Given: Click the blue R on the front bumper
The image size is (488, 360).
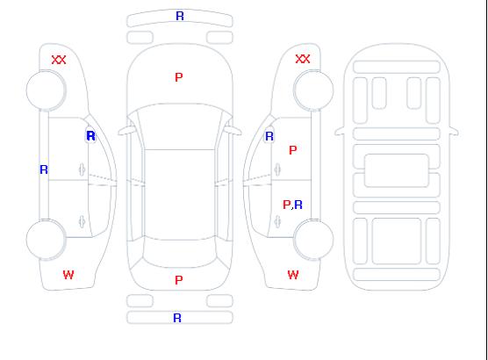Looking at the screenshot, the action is (x=180, y=16).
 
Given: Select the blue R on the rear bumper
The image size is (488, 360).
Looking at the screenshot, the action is (x=177, y=318).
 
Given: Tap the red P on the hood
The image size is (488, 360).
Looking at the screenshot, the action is (x=179, y=77).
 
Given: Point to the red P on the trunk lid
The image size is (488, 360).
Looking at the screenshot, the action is (x=179, y=280).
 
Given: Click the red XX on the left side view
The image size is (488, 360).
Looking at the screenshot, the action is (x=59, y=60).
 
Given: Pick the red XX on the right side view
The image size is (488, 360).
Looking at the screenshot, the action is (x=303, y=59).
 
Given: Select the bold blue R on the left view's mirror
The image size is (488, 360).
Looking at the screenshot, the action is (x=90, y=136).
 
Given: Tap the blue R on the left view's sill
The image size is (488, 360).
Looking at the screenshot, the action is (x=44, y=169).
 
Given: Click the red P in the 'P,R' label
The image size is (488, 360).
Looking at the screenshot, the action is (x=286, y=205).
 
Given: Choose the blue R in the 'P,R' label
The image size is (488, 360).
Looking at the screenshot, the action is (x=298, y=205).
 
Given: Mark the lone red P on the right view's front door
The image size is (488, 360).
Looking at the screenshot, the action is (x=293, y=150).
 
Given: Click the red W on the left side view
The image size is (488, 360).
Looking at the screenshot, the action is (x=68, y=275).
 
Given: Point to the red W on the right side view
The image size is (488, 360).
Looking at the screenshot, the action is (x=293, y=275).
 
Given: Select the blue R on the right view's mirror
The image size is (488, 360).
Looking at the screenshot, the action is (x=269, y=136).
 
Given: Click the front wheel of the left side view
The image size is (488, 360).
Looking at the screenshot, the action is (x=46, y=90).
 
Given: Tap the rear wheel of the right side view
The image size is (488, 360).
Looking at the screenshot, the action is (x=313, y=239).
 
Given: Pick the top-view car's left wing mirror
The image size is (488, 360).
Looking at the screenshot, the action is (x=126, y=131).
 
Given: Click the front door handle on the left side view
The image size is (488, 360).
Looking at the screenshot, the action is (x=82, y=170).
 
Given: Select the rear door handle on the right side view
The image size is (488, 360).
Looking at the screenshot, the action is (x=277, y=222).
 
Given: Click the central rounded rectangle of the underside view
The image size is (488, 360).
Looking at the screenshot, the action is (x=397, y=170).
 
